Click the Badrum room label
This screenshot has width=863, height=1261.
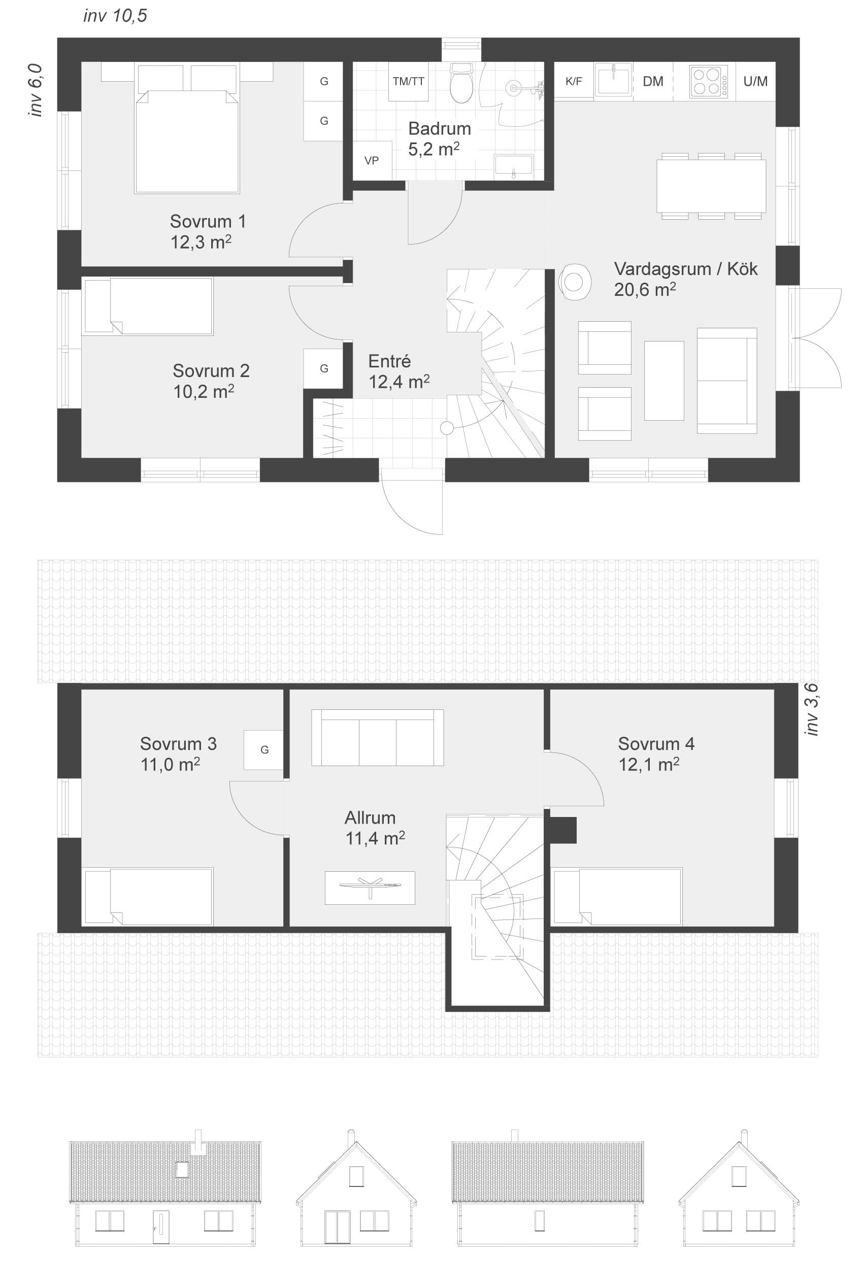point(439,128)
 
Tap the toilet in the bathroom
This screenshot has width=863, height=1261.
point(461,83)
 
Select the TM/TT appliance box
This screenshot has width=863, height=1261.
point(408,81)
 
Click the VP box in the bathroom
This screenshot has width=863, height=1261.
point(372,161)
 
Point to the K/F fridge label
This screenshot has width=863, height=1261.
point(573,81)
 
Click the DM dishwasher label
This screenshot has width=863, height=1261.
point(653,81)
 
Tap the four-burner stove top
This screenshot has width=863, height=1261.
point(709,81)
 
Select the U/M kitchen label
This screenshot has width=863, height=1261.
point(755,81)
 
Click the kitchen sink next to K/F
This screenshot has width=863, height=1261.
point(613,81)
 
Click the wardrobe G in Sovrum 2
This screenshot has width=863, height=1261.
point(323,368)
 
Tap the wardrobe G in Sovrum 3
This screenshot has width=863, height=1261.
point(264,750)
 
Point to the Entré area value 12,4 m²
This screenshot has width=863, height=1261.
point(399,382)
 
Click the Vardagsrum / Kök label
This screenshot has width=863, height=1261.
point(685,269)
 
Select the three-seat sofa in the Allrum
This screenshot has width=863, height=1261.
point(377,737)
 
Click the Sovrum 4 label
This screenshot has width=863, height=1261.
point(656,744)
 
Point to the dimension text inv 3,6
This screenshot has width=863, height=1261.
point(811,709)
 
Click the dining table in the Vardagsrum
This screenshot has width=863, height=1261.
point(711,186)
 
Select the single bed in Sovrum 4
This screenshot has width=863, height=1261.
point(617,896)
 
